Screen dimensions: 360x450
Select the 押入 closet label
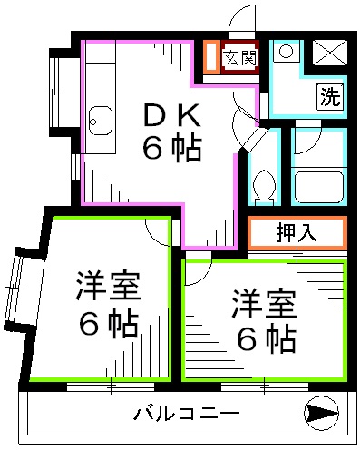click(x=296, y=232)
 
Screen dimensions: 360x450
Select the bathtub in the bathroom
click(x=317, y=187)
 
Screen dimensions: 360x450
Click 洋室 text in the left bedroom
click(x=106, y=289)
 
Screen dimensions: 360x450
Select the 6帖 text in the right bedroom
click(x=266, y=337)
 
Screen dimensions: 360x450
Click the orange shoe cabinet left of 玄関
click(x=211, y=57)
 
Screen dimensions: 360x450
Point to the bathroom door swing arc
click(x=305, y=145)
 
